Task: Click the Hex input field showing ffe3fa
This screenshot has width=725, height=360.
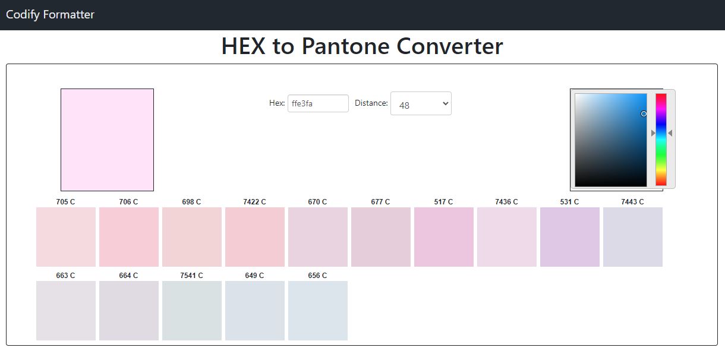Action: point(318,103)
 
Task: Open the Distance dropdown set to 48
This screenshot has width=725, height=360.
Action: point(421,103)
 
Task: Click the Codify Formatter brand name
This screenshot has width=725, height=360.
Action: point(50,15)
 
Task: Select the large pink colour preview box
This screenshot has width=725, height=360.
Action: point(107,140)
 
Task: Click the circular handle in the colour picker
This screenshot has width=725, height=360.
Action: point(644,114)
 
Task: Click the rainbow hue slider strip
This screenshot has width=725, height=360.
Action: point(661,140)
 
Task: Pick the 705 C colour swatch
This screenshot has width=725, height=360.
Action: point(66,237)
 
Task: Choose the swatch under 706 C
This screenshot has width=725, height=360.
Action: point(129,237)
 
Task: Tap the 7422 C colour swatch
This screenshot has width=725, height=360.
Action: point(255,237)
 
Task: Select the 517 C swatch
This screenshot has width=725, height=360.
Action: point(444,237)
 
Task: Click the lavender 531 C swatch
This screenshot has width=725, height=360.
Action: point(570,237)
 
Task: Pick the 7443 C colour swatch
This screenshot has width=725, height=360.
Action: point(633,237)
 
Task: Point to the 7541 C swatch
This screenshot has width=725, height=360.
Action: point(191,311)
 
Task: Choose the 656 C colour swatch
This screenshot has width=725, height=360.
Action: point(318,311)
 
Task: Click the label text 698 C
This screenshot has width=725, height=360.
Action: point(191,202)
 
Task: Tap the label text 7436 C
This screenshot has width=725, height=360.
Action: point(506,202)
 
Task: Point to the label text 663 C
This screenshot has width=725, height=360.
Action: point(65,276)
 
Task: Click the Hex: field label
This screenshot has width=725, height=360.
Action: point(277,103)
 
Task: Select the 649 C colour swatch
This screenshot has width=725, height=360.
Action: point(255,311)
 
